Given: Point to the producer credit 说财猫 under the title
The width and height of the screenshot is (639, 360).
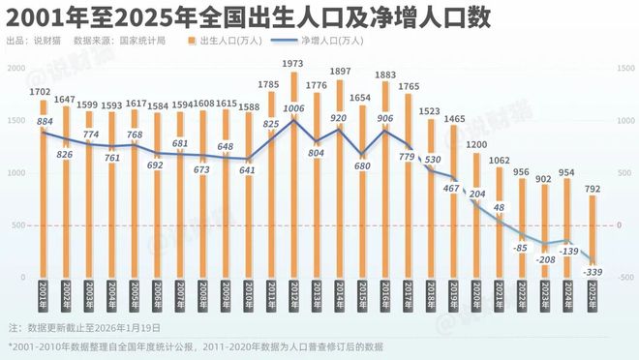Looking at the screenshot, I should coord(46,42).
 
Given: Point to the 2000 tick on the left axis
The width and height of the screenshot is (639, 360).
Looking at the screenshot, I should coord(16,68).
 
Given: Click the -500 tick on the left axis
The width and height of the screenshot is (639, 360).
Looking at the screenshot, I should coord(16,277).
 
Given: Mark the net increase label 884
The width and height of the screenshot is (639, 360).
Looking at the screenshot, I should coord(45,121).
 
